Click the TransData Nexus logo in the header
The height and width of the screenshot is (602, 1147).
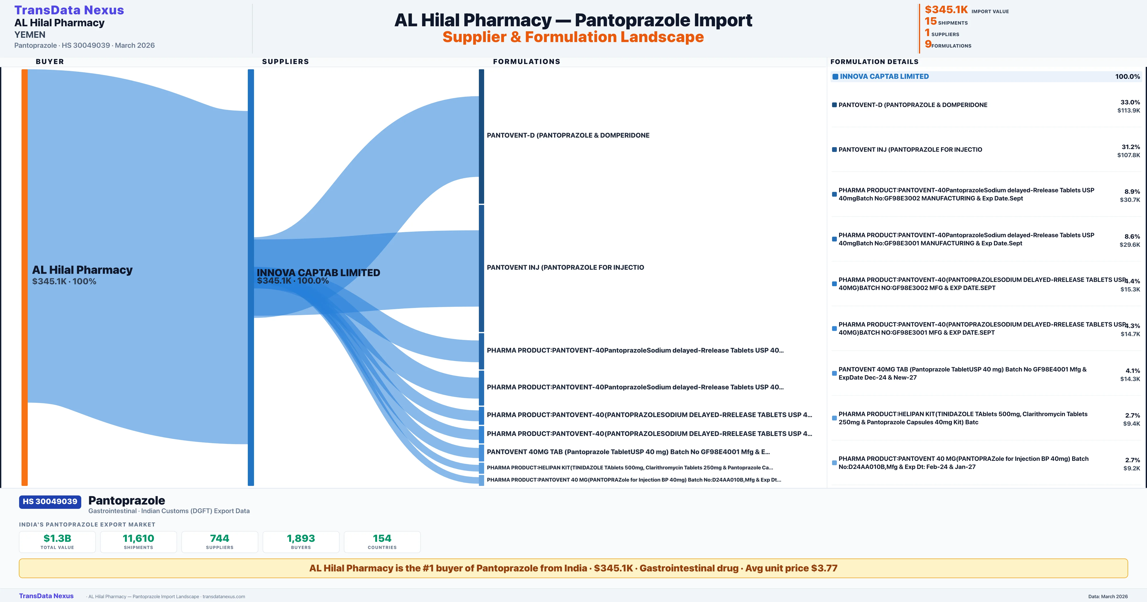click(69, 10)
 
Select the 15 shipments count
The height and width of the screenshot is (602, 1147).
click(931, 21)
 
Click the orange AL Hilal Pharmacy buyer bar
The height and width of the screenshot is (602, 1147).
click(24, 277)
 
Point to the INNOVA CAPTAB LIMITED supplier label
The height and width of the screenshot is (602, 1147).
click(318, 273)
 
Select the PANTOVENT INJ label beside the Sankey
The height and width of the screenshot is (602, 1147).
click(565, 268)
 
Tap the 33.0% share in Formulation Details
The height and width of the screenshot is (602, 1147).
click(1130, 102)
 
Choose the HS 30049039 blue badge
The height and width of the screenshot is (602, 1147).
click(50, 502)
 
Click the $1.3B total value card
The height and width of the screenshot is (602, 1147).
click(57, 542)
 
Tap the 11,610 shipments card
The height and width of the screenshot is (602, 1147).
click(139, 542)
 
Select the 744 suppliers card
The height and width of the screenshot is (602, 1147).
click(220, 542)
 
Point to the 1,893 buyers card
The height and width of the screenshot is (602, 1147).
click(301, 542)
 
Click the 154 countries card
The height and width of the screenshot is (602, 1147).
click(382, 542)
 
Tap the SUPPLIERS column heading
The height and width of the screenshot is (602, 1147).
click(285, 61)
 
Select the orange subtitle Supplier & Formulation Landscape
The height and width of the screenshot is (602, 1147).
click(573, 37)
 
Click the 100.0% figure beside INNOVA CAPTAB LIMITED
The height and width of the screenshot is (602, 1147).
click(1127, 77)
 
